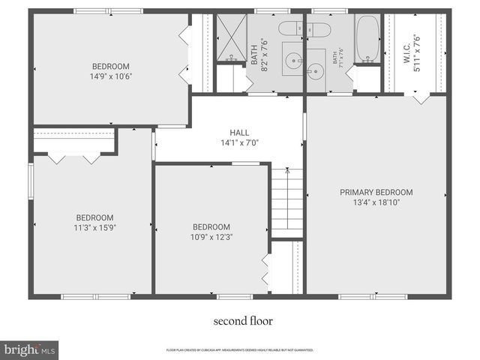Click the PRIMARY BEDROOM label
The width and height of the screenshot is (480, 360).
coord(376,192)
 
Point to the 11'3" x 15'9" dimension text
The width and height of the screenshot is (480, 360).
coord(94,228)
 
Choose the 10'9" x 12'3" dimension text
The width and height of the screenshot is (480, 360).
coord(211,238)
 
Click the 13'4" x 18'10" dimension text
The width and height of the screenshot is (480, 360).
coord(376,202)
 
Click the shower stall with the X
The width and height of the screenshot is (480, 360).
coord(231,36)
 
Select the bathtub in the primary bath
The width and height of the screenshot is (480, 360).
coord(367,37)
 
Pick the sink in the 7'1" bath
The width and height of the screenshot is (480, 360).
coord(316,73)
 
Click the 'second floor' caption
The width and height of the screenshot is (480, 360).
coord(243,321)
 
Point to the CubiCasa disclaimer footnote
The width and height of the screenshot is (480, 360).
coord(240,349)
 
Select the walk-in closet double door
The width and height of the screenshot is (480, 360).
coord(421,97)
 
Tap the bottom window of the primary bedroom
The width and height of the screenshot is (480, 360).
coord(373,297)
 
